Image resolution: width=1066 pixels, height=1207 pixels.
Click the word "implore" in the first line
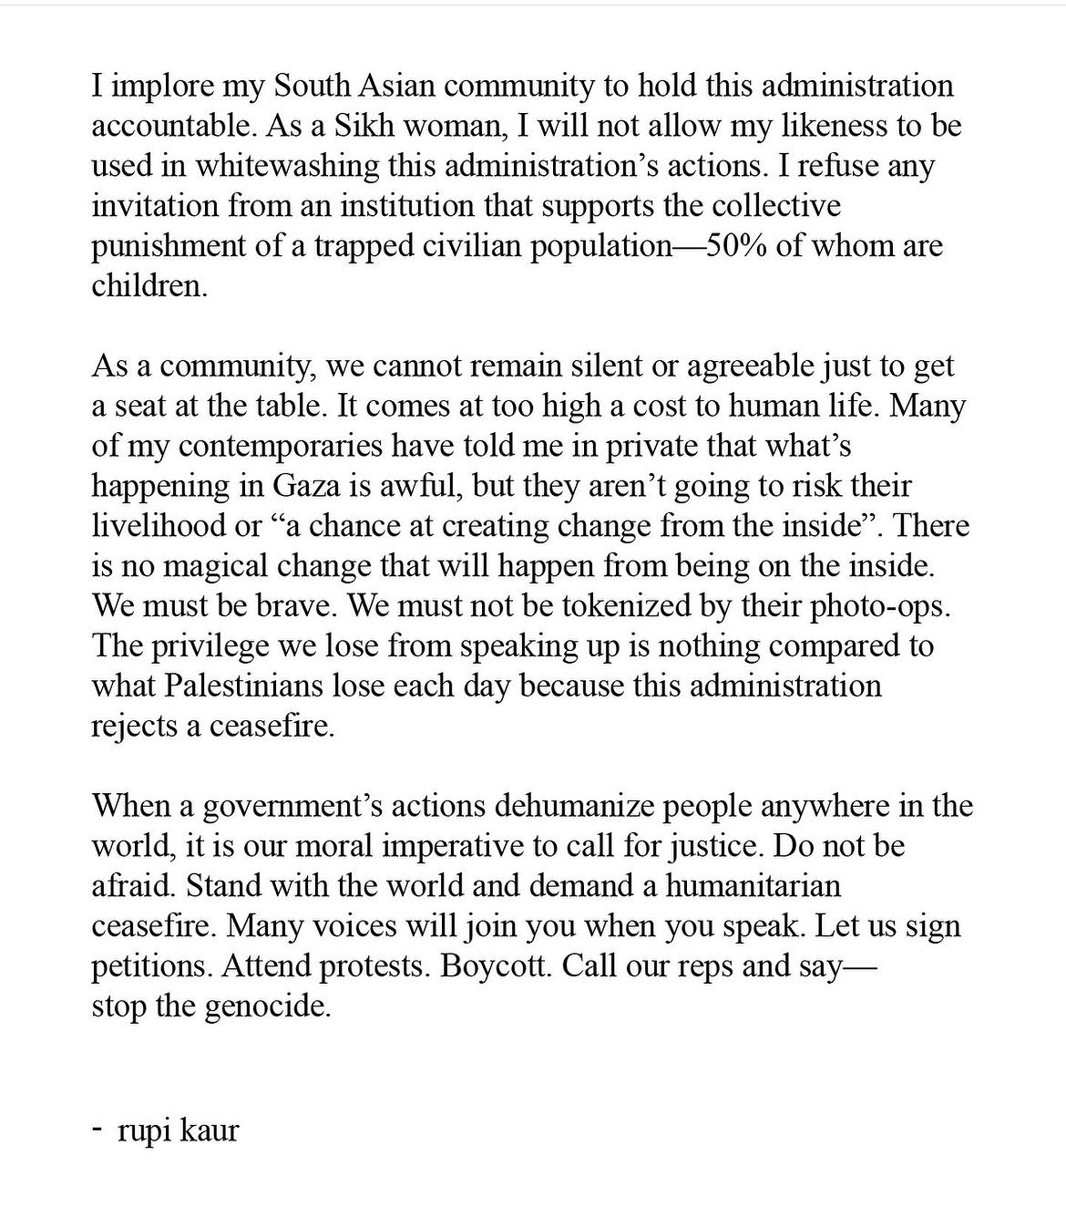click(x=161, y=87)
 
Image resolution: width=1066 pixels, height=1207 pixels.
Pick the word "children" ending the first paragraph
click(x=147, y=286)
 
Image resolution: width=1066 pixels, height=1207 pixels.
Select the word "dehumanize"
click(x=576, y=807)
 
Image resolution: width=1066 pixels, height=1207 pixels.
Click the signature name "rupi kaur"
click(x=179, y=1131)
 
